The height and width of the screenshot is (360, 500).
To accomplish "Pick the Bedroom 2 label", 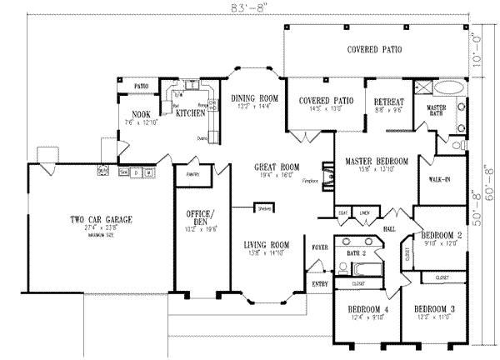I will [442, 235].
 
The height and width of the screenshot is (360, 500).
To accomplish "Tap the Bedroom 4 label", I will [367, 308].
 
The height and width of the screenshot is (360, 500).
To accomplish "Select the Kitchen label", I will [190, 113].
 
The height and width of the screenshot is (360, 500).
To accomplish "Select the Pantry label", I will [185, 175].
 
